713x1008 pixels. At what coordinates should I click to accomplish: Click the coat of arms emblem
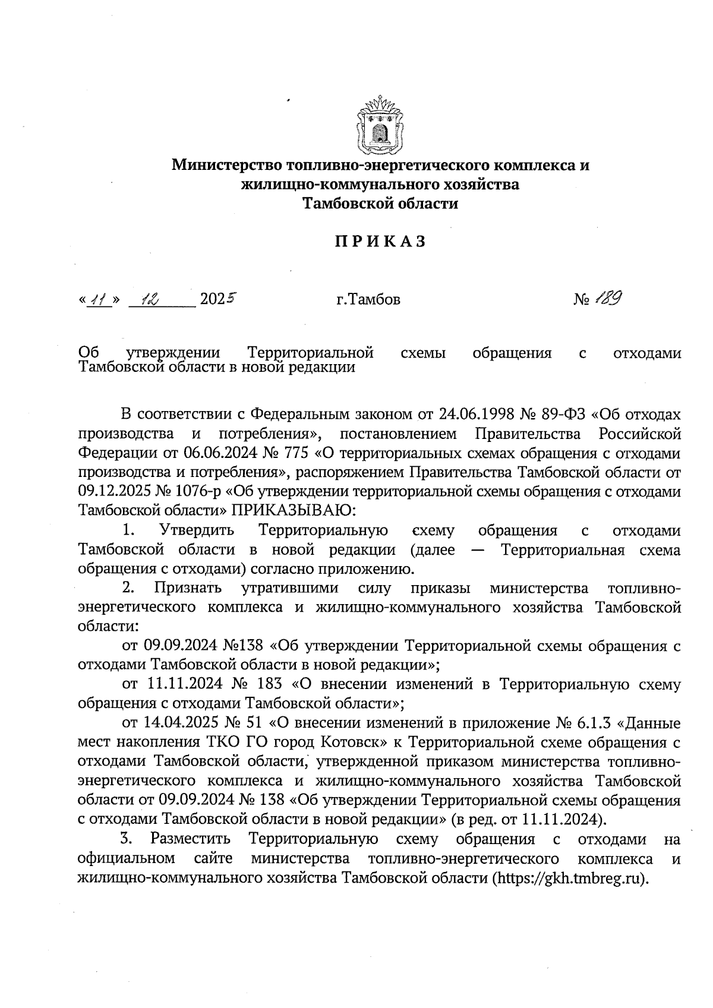[x=380, y=124]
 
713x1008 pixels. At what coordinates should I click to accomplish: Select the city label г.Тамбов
[x=368, y=299]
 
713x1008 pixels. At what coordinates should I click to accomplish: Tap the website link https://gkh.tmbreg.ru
[x=569, y=879]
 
